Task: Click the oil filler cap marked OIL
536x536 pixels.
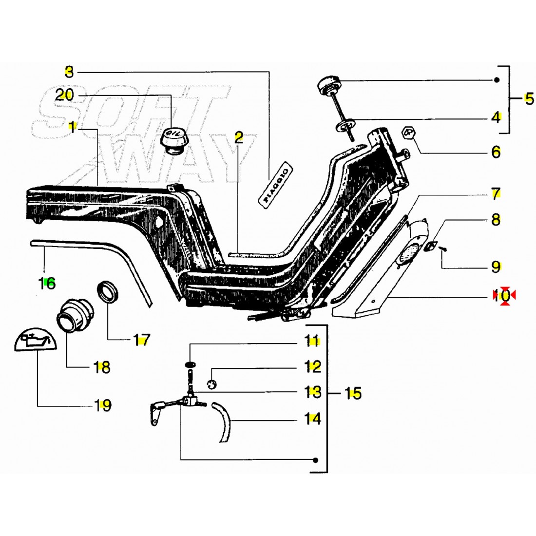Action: (x=172, y=139)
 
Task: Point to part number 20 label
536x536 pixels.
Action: (x=64, y=95)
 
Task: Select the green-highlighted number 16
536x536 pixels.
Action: (x=48, y=282)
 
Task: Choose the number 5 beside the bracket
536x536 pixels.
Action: (x=529, y=99)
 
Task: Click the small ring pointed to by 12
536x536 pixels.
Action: (x=211, y=384)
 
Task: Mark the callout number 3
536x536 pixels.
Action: (x=69, y=73)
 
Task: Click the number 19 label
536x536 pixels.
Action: (x=102, y=405)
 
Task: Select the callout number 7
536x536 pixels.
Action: (x=496, y=194)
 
